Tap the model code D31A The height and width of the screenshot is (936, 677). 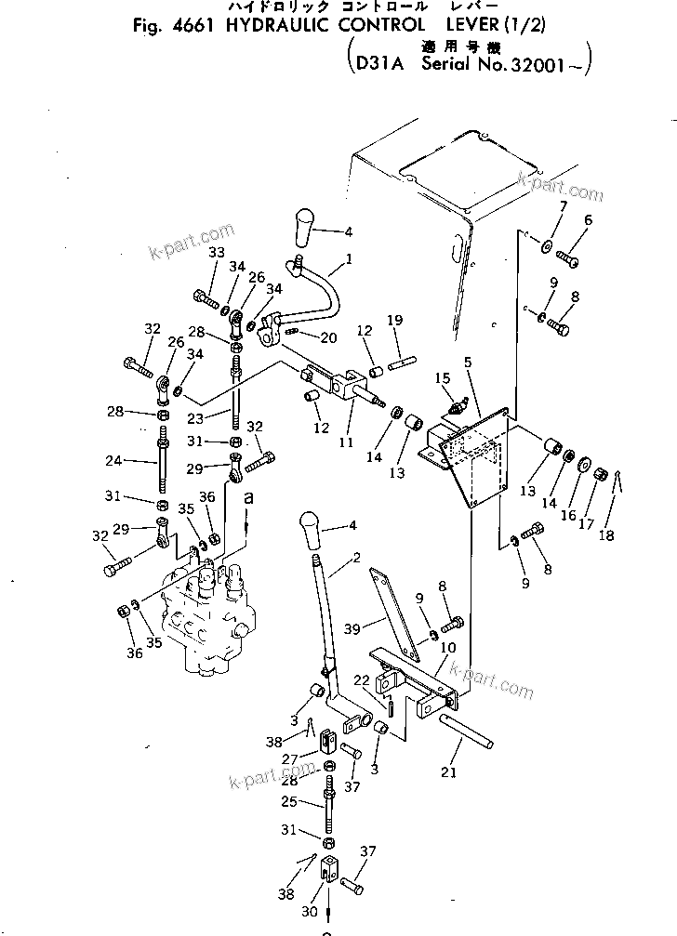pos(377,64)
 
